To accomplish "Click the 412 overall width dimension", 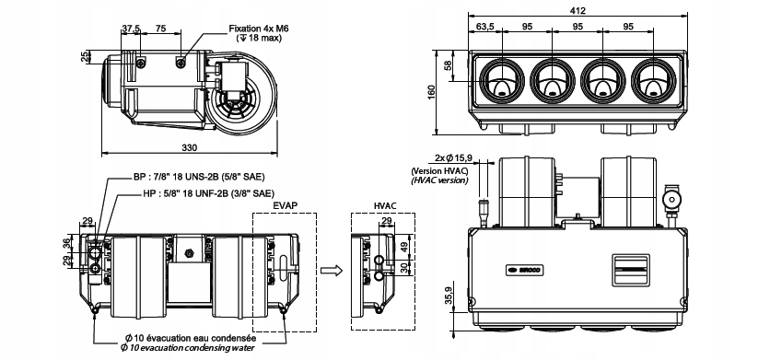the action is pos(578,10).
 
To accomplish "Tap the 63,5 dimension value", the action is pos(485,27).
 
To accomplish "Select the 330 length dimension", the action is pos(189,148).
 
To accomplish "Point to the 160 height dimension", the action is pos(432,92).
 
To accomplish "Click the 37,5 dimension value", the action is pos(131,29).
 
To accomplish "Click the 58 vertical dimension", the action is pos(448,65).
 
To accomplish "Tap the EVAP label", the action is pos(285,206).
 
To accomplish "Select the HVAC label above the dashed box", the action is pos(384,206).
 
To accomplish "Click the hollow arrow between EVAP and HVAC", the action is pos(332,270).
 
